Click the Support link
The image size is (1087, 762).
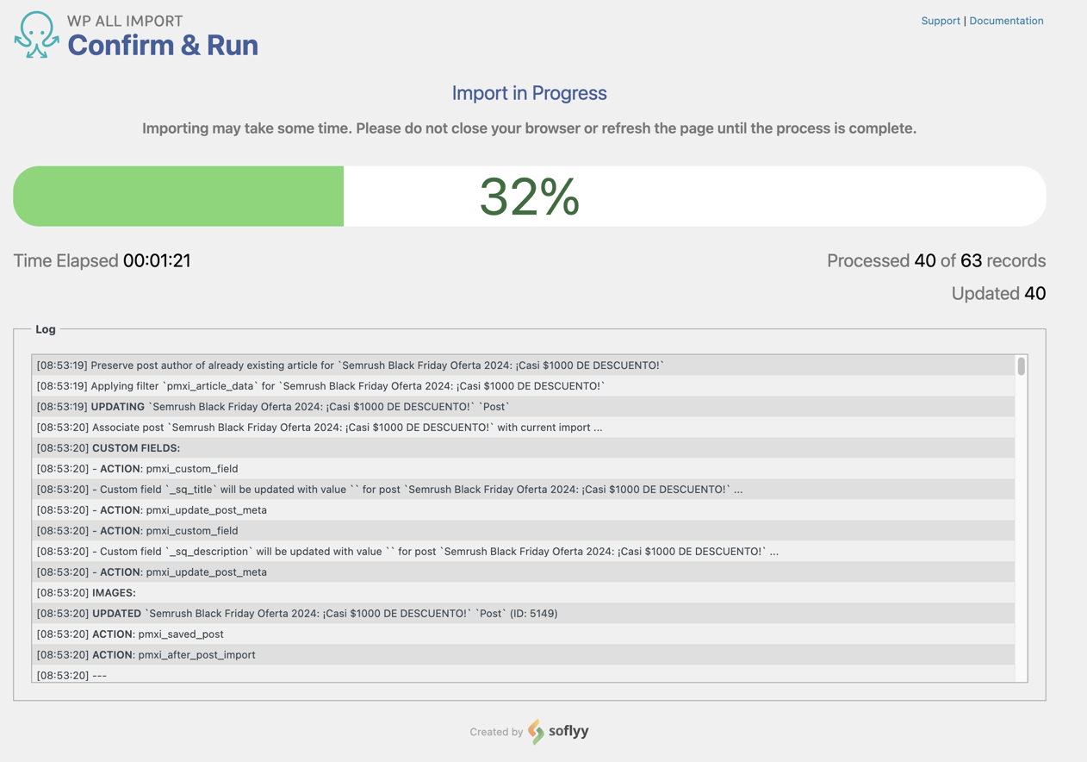coord(940,21)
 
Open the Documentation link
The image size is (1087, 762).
coord(1006,21)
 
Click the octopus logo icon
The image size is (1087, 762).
coord(36,35)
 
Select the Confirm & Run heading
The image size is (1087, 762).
coord(163,45)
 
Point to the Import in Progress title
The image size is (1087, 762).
coord(529,93)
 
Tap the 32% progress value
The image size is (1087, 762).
coord(529,197)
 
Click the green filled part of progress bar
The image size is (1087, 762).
coord(178,197)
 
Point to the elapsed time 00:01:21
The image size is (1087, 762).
coord(157,260)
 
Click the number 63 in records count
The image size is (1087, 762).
coord(971,260)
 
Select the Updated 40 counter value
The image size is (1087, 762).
coord(1034,293)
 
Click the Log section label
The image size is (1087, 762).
coord(46,329)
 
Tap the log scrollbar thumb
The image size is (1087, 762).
coord(1021,366)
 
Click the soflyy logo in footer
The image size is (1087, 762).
coord(559,731)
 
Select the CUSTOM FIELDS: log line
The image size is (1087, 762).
coord(136,448)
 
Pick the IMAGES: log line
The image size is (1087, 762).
coord(114,593)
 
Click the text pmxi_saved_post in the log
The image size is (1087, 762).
coord(181,634)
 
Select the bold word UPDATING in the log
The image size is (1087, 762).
coord(117,407)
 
